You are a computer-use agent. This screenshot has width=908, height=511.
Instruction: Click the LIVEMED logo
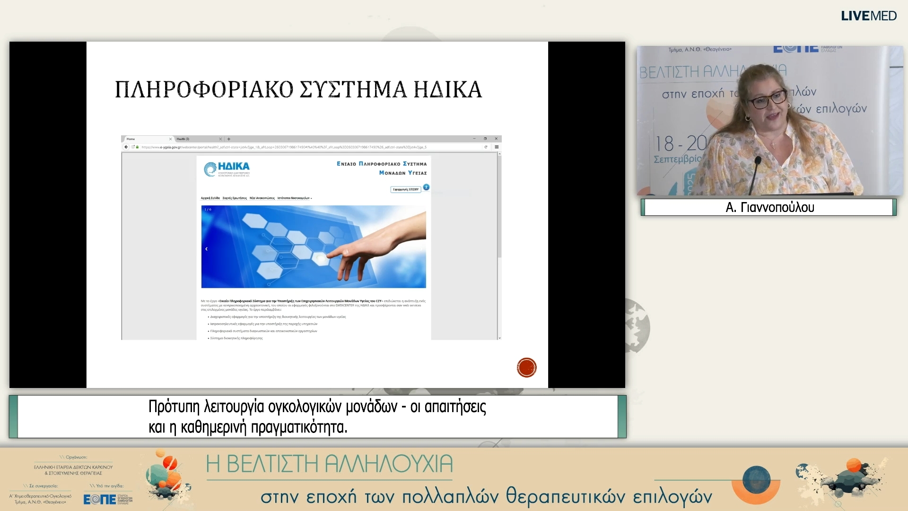point(868,16)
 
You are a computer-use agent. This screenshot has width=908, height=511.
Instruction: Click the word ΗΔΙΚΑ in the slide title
point(447,90)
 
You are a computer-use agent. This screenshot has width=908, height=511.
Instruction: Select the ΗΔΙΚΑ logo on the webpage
point(227,168)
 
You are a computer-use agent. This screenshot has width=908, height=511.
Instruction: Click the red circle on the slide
point(526,368)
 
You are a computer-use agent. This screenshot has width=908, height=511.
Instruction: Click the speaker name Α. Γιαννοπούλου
point(769,207)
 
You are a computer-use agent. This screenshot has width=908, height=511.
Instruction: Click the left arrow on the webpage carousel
point(206,249)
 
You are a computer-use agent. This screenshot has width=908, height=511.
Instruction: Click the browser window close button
point(496,139)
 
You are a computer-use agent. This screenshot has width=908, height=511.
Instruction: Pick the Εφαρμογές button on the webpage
point(405,189)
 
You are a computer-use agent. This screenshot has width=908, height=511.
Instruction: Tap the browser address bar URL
point(284,147)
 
